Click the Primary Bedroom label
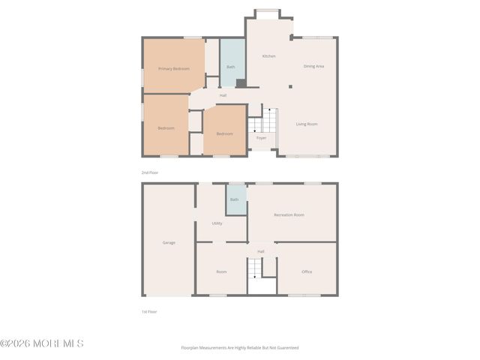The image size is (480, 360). [173, 69]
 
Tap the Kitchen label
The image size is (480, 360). [268, 57]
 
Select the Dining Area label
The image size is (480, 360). [313, 66]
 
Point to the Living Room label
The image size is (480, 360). [307, 124]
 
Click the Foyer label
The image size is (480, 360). [261, 138]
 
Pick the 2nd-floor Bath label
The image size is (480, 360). [230, 67]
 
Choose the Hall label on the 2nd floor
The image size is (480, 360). [223, 95]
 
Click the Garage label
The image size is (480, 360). [169, 242]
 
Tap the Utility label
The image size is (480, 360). [217, 223]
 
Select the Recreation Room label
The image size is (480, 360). [289, 215]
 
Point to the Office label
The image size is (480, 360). [307, 271]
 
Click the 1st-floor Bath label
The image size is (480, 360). [234, 199]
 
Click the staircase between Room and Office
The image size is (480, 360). [257, 267]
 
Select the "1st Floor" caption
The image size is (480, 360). [149, 311]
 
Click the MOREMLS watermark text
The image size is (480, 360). [42, 343]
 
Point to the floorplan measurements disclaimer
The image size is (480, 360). [239, 348]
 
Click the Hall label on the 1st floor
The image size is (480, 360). [261, 251]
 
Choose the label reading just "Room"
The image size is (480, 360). [221, 271]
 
